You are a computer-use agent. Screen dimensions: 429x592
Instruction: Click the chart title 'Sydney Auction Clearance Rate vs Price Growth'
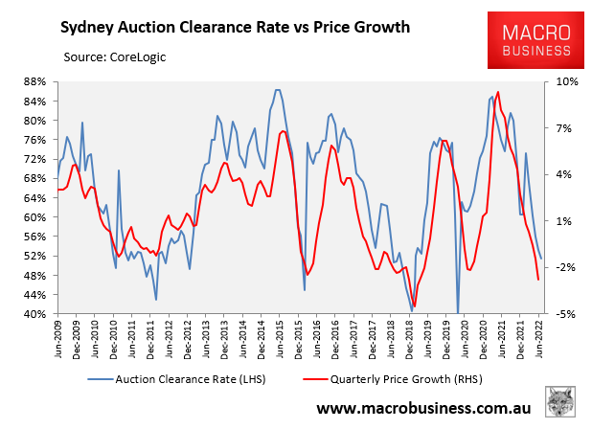pos(237,26)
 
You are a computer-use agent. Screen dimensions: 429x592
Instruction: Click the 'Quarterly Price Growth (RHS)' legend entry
pos(403,381)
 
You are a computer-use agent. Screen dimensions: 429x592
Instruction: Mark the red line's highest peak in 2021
pos(498,92)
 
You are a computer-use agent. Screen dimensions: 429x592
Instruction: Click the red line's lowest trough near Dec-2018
pos(415,306)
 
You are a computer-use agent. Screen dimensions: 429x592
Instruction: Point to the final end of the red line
pos(538,280)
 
